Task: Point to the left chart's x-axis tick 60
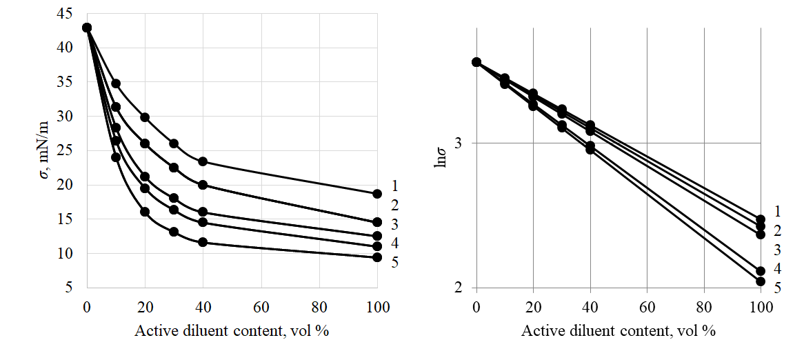pos(261,307)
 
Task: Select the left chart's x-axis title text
pos(232,330)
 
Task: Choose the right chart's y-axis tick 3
pos(458,143)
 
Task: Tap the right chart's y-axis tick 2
pos(458,288)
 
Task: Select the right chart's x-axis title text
pos(619,330)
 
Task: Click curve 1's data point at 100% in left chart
pos(377,194)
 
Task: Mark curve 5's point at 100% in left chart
pos(377,257)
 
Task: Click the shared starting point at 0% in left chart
pos(87,28)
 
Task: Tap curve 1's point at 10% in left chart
pos(116,83)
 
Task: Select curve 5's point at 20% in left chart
pos(145,212)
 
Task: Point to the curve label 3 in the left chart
pos(395,224)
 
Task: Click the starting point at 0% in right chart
pos(476,62)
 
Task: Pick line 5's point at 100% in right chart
pos(761,281)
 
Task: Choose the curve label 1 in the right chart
pos(777,211)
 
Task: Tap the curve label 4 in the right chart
pos(777,268)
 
